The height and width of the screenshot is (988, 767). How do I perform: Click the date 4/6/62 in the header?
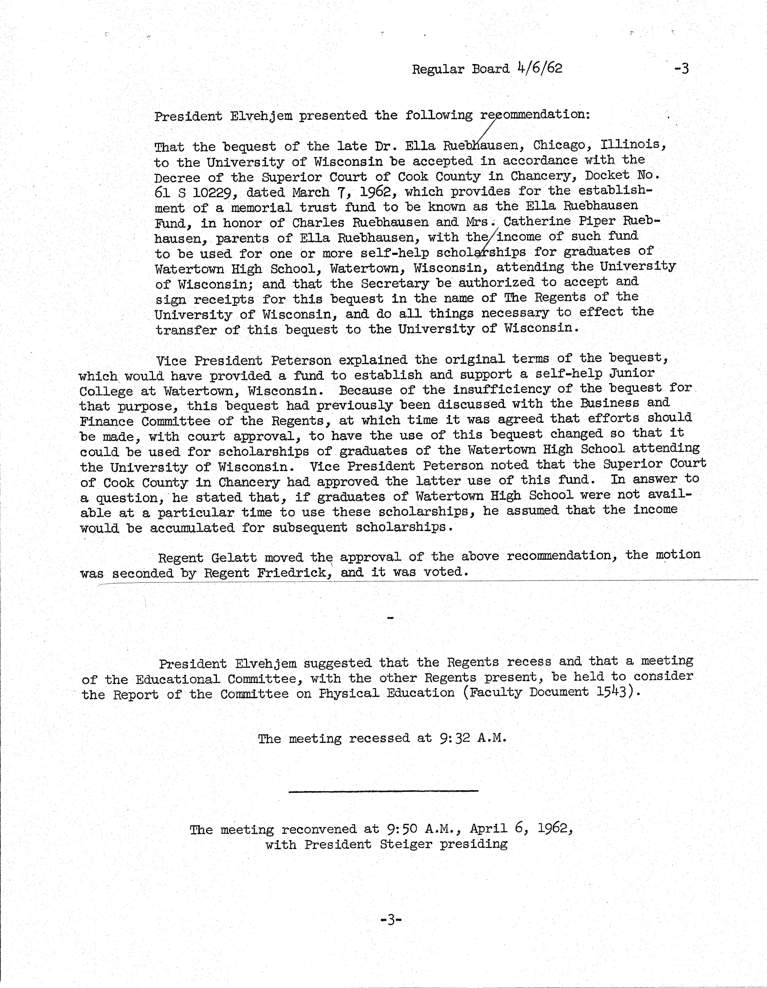coord(539,68)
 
